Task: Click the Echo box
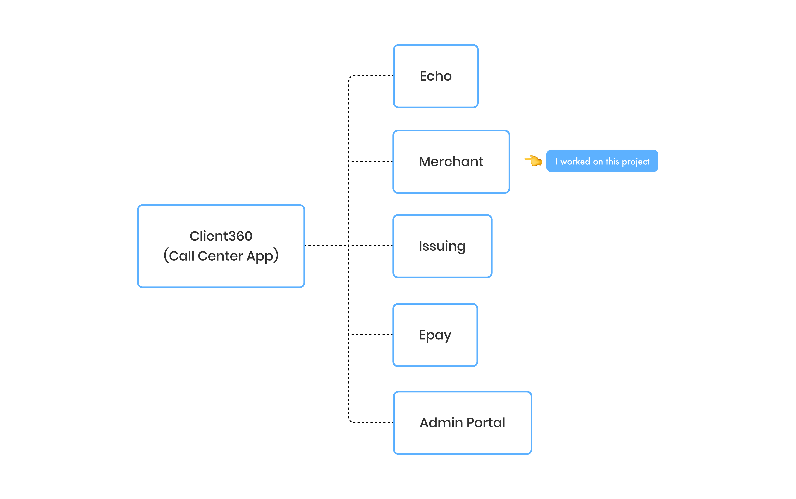[x=436, y=76]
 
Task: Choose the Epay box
[x=435, y=335]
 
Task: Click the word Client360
[x=221, y=236]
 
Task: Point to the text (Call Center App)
[x=221, y=256]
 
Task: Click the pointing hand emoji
[x=533, y=161]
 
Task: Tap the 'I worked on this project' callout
[x=602, y=161]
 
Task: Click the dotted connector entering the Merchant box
[x=372, y=161]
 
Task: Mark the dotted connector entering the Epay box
[x=372, y=334]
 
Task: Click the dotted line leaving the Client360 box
[x=325, y=245]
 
